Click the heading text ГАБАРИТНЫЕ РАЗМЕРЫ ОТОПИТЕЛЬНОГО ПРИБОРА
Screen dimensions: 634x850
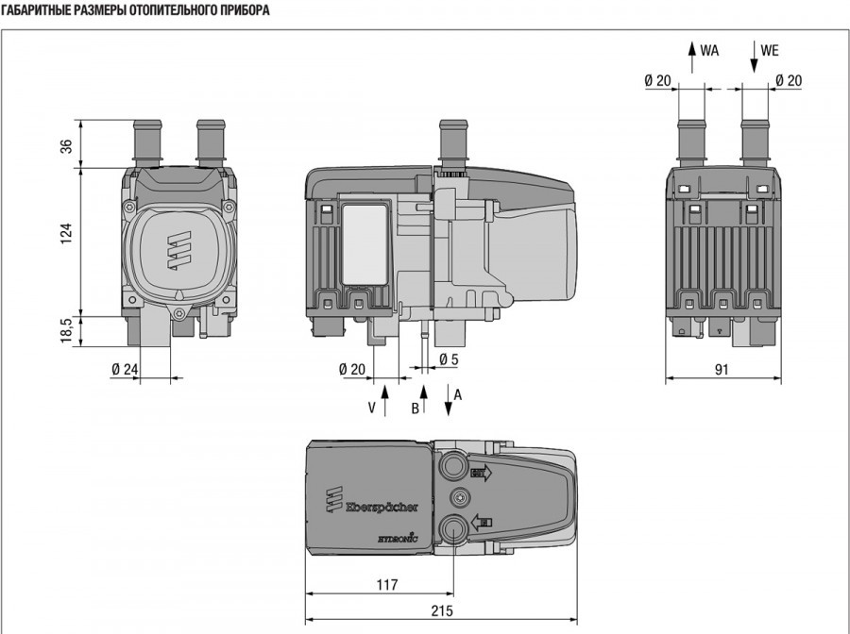(x=135, y=10)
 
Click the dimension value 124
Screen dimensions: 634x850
(x=66, y=234)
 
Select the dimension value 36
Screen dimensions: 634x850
(x=66, y=147)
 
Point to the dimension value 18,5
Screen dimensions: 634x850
(x=66, y=330)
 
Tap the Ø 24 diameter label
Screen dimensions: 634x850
(x=125, y=369)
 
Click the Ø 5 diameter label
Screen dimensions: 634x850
(x=449, y=359)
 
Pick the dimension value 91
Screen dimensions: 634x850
(x=722, y=370)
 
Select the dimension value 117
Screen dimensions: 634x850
(x=386, y=585)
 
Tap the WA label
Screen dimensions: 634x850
(x=708, y=51)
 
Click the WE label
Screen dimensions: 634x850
(x=770, y=51)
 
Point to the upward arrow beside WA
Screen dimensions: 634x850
(x=691, y=55)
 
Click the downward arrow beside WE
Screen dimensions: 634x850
(x=754, y=55)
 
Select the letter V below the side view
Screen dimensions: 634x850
(x=372, y=408)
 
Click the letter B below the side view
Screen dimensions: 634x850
(x=414, y=408)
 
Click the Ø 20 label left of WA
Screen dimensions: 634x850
(x=657, y=80)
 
